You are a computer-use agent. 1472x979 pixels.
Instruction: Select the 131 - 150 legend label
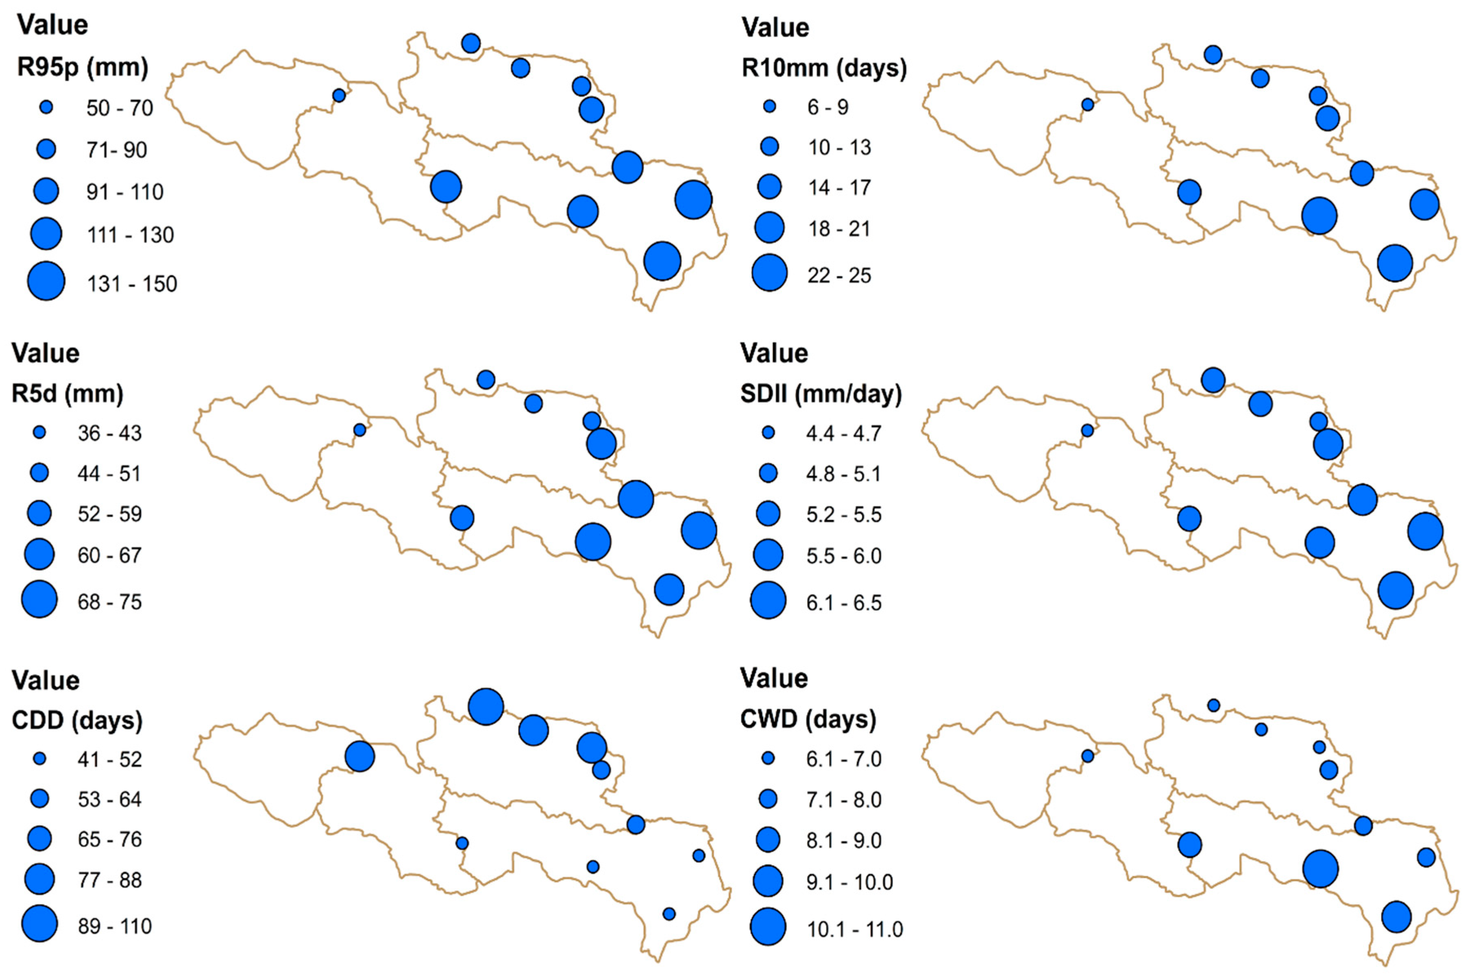click(132, 284)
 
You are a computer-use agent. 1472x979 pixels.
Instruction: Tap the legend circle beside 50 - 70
click(46, 107)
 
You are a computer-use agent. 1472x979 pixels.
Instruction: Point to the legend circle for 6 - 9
click(769, 107)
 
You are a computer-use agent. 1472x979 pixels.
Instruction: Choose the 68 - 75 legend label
click(110, 602)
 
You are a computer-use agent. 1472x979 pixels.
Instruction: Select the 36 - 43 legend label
click(110, 433)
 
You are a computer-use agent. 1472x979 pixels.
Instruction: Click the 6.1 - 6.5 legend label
click(844, 603)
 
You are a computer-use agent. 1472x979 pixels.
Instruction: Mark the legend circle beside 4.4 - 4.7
click(768, 433)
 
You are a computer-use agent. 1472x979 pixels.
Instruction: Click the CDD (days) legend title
click(77, 720)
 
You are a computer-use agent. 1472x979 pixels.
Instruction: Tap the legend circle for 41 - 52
click(39, 759)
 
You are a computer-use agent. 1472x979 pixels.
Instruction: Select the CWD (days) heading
click(808, 719)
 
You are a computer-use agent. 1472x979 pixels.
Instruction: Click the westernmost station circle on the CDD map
click(360, 757)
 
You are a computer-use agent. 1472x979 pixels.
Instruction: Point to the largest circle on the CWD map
click(1320, 868)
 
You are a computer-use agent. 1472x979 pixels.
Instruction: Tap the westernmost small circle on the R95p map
click(339, 95)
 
